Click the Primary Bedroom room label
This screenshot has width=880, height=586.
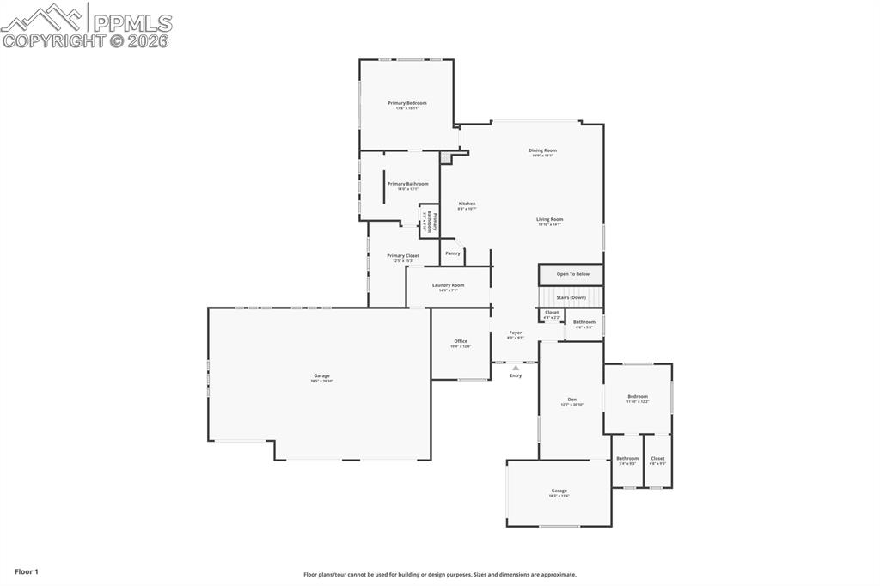(x=406, y=103)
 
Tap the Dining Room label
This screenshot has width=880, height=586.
(x=542, y=150)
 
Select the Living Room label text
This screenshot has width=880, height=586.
(x=549, y=219)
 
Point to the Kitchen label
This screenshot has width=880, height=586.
(x=467, y=204)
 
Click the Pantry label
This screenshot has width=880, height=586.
(x=453, y=253)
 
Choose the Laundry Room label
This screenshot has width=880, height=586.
(x=448, y=285)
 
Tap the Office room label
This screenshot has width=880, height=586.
(x=461, y=341)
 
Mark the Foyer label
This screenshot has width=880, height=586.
(x=516, y=333)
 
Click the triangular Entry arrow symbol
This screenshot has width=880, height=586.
(x=516, y=368)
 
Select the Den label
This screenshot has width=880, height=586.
(x=571, y=400)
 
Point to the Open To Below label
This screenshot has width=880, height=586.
(x=573, y=274)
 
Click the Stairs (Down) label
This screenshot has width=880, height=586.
(x=571, y=297)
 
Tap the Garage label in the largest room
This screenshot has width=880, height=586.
(x=321, y=375)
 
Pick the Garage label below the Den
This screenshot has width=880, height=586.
(x=559, y=491)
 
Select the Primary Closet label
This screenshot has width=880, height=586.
(x=403, y=255)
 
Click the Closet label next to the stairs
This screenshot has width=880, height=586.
(x=552, y=313)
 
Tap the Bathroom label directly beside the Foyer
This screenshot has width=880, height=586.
(x=584, y=322)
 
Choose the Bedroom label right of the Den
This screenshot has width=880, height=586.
(x=637, y=396)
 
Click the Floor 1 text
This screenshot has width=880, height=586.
(x=27, y=571)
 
